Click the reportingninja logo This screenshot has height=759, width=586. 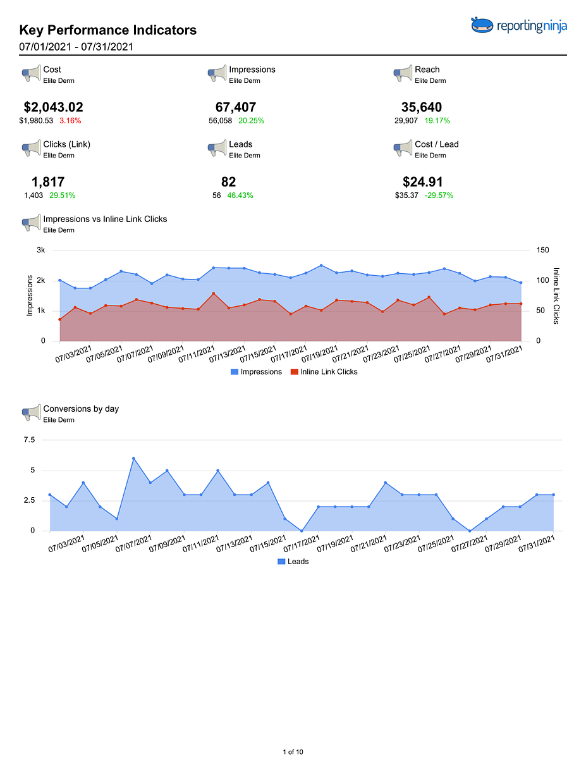coord(518,25)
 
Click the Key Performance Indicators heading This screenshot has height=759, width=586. coord(108,30)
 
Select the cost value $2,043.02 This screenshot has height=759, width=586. coord(53,107)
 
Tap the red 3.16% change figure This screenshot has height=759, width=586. coord(70,121)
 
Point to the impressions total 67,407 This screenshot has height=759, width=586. coord(236,107)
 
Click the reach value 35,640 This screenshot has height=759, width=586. coord(421,107)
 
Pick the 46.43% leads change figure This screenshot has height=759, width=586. coord(240,195)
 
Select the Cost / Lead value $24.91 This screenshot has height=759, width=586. coord(423,182)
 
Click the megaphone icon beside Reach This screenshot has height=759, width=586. coord(403,74)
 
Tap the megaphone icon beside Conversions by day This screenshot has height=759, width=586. coord(31,412)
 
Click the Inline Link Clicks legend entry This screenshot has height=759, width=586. coord(324,372)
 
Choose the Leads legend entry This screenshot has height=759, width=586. coord(293,561)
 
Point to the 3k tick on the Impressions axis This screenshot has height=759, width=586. coord(41,250)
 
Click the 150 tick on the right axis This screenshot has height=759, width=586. coord(543,250)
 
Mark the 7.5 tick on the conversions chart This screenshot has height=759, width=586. coord(29,440)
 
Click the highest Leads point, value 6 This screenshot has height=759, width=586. coord(133,459)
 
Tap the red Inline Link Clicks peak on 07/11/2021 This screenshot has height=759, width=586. coord(214,293)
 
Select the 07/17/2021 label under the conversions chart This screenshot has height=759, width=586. coord(301,544)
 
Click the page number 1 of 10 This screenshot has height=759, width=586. coord(293,751)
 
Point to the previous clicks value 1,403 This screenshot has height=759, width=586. coord(34,195)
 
